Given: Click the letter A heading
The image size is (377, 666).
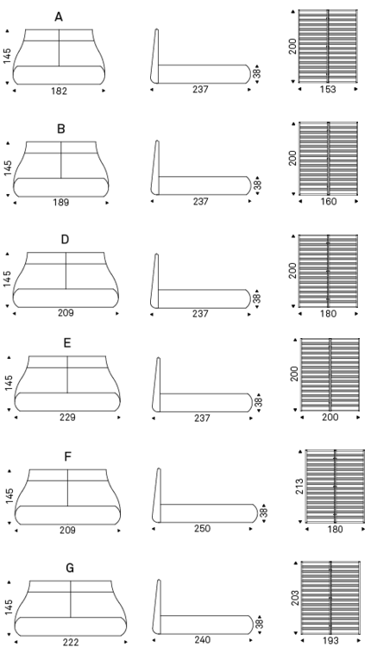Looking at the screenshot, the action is click(59, 17).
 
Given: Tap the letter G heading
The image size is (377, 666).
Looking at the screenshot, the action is click(70, 568).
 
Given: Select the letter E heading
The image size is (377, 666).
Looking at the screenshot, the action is click(67, 343).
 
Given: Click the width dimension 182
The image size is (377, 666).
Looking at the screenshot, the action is click(59, 91).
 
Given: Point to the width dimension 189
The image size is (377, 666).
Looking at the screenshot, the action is click(61, 203).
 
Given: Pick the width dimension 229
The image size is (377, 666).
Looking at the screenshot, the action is click(67, 417).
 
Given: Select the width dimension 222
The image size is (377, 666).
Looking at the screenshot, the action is click(71, 642).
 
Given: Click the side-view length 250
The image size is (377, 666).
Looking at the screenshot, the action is click(202, 529).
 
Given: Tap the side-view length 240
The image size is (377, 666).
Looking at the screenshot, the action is click(202, 639).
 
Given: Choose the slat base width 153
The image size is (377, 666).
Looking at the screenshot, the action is click(328, 90).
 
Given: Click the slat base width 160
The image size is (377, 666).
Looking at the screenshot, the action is click(328, 201).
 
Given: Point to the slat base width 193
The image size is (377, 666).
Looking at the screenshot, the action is click(330, 640).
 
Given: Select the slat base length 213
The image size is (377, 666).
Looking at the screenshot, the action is click(299, 487).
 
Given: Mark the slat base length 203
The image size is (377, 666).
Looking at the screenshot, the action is click(296, 598).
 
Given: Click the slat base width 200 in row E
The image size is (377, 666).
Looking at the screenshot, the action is click(330, 417).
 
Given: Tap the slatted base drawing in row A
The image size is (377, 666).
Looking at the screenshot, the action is click(328, 46).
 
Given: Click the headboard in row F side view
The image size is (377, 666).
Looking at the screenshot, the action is click(157, 495).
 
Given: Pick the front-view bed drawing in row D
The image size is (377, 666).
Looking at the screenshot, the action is click(66, 280).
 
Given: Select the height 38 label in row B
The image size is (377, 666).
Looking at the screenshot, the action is click(257, 185).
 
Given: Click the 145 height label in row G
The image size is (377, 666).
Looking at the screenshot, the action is click(9, 607).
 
